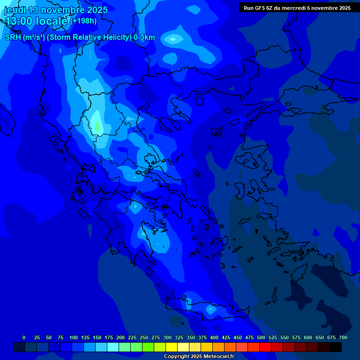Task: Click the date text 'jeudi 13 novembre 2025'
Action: click(x=56, y=10)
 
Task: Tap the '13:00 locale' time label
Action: click(x=37, y=21)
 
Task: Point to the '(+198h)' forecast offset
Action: click(x=84, y=21)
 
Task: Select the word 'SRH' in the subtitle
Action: click(x=14, y=37)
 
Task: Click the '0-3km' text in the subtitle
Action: click(x=144, y=37)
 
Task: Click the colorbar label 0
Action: click(x=24, y=337)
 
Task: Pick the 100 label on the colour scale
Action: click(x=74, y=337)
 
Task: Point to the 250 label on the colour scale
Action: click(x=144, y=337)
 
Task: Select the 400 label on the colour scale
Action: click(x=214, y=337)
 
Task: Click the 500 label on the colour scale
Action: click(x=261, y=337)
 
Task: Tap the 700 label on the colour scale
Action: click(x=343, y=337)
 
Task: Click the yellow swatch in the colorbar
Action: click(x=171, y=347)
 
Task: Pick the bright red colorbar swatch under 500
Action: click(x=265, y=347)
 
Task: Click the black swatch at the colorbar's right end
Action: click(x=335, y=347)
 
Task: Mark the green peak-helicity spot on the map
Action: click(x=97, y=125)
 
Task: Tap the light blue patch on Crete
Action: click(x=210, y=309)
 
